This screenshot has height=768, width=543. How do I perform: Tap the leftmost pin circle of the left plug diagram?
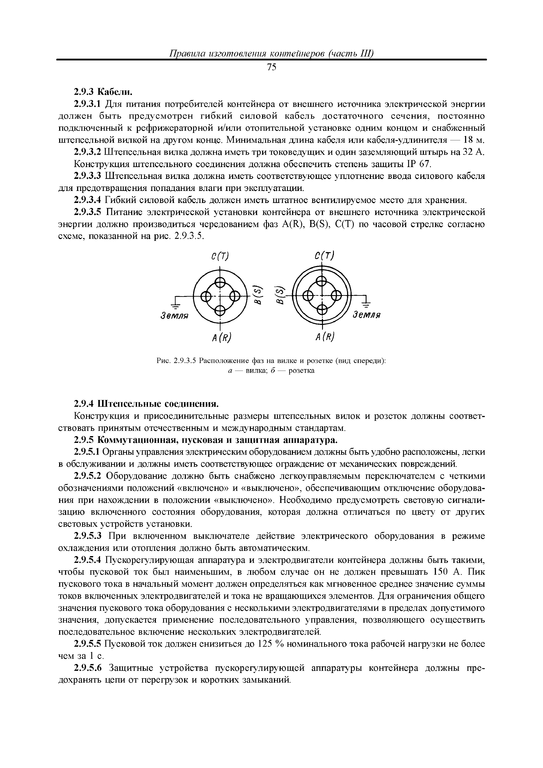[205, 296]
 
